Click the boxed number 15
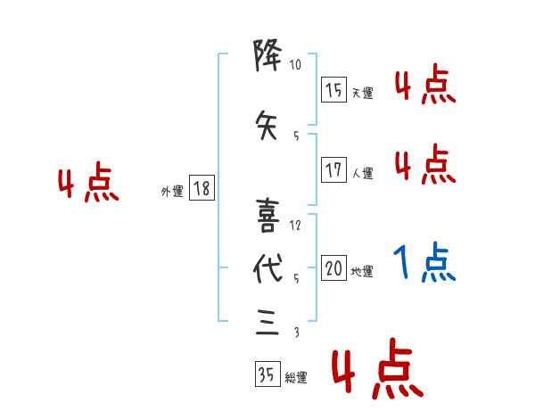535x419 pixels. tap(334, 90)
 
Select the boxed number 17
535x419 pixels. tap(334, 170)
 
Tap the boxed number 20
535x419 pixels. tap(334, 268)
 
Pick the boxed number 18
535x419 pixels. tap(202, 188)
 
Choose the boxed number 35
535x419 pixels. tap(267, 375)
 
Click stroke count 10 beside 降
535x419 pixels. tap(296, 65)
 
